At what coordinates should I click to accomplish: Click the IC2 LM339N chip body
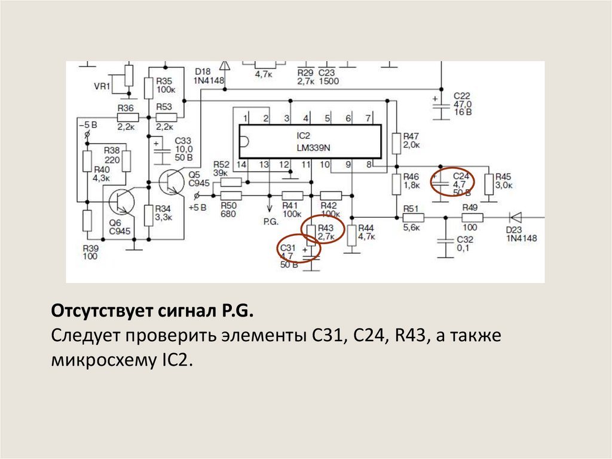pyautogui.click(x=310, y=141)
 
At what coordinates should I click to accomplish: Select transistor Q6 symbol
pyautogui.click(x=120, y=202)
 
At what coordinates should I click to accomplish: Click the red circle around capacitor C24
pyautogui.click(x=452, y=183)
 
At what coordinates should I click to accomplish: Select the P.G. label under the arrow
pyautogui.click(x=270, y=221)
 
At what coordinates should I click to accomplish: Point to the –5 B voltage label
pyautogui.click(x=87, y=124)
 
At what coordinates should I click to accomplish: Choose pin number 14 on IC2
pyautogui.click(x=241, y=164)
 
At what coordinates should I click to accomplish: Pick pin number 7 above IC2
pyautogui.click(x=368, y=118)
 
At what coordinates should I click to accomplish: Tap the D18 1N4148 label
pyautogui.click(x=209, y=76)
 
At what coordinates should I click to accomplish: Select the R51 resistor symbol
pyautogui.click(x=412, y=218)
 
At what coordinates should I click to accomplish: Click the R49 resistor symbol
pyautogui.click(x=472, y=218)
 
